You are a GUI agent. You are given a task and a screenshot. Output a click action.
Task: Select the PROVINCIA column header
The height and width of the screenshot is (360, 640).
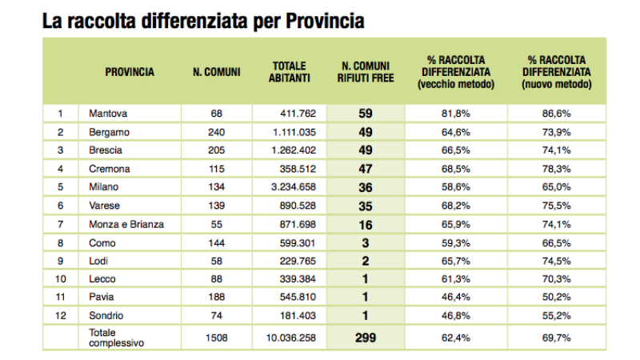(x=130, y=72)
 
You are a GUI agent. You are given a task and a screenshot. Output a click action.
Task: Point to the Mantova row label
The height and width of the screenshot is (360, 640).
(x=109, y=114)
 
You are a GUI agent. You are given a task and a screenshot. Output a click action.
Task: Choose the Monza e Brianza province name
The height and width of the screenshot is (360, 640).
(x=126, y=225)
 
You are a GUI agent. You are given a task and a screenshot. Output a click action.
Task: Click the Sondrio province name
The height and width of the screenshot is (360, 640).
(x=108, y=316)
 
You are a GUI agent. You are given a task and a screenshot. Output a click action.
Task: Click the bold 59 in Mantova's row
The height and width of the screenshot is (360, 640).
(x=366, y=114)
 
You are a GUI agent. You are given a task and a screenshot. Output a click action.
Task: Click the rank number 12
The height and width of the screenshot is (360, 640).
(x=61, y=316)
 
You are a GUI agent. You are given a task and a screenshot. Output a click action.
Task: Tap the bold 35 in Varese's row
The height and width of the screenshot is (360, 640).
(x=365, y=206)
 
